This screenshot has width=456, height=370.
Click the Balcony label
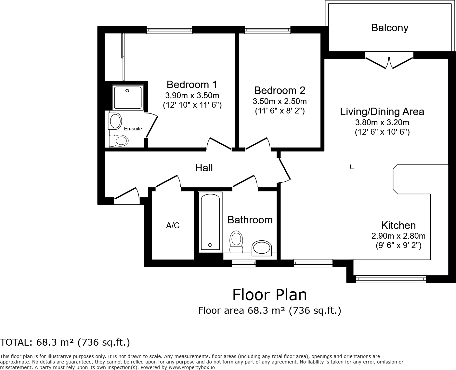tap(389, 28)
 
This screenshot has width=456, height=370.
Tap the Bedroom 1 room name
tap(192, 85)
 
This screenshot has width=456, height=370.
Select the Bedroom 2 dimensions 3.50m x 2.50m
tap(280, 101)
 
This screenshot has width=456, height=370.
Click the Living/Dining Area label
tap(382, 112)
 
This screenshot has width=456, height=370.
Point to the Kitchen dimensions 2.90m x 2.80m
tap(398, 236)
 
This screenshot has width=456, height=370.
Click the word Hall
tap(204, 168)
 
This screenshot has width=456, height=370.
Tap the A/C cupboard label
tap(173, 225)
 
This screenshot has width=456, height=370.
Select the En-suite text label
tap(133, 129)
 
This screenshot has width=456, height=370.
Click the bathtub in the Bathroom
tap(210, 222)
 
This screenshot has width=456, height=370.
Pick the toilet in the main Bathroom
tap(236, 242)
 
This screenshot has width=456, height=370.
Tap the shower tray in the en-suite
tap(128, 98)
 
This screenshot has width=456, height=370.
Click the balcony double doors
tap(389, 62)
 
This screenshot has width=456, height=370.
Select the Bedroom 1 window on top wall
tap(169, 30)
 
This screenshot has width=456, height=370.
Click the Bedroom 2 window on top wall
tap(267, 30)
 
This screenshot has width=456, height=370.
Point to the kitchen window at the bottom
tap(391, 279)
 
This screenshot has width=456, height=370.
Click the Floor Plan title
tap(269, 295)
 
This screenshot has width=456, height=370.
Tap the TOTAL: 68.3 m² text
tap(65, 342)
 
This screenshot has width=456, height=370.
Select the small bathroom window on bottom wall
tap(243, 263)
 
